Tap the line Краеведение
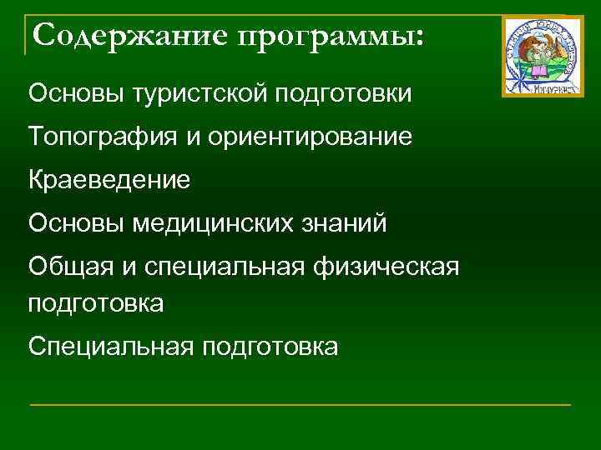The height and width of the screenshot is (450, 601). click(x=109, y=179)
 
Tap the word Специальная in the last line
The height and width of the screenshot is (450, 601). click(x=108, y=346)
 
